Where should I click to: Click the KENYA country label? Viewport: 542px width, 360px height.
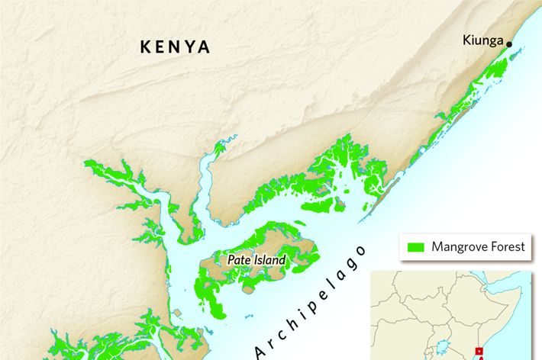[x=175, y=47]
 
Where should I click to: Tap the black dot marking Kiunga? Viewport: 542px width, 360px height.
[x=509, y=44]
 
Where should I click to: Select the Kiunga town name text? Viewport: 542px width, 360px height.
[x=483, y=40]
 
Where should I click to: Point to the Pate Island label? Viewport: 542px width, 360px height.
[x=256, y=260]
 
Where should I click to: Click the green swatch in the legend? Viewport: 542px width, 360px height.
[x=416, y=247]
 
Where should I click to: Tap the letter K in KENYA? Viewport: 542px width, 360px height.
[x=146, y=47]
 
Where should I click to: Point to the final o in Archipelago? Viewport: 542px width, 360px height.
[x=361, y=250]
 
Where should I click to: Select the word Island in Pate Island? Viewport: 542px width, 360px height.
[x=270, y=260]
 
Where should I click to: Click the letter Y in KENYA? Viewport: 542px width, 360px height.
[x=189, y=47]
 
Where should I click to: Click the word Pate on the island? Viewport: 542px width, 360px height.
[x=239, y=260]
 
